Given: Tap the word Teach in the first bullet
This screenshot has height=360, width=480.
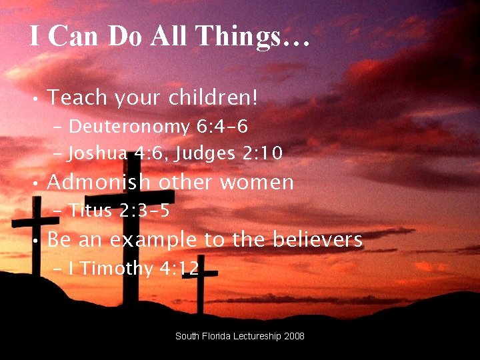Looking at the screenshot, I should pyautogui.click(x=77, y=98).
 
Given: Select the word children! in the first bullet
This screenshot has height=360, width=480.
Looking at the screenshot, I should pyautogui.click(x=213, y=98).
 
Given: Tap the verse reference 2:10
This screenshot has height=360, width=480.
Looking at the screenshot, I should pyautogui.click(x=262, y=154).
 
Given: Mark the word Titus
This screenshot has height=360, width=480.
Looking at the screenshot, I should pyautogui.click(x=91, y=211).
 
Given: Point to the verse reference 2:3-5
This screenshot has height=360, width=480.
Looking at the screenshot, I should pyautogui.click(x=145, y=211).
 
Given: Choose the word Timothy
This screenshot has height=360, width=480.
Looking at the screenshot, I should pyautogui.click(x=117, y=269).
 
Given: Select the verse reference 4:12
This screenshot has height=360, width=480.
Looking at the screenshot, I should pyautogui.click(x=179, y=269).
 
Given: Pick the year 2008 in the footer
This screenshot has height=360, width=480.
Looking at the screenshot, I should pyautogui.click(x=295, y=336).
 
